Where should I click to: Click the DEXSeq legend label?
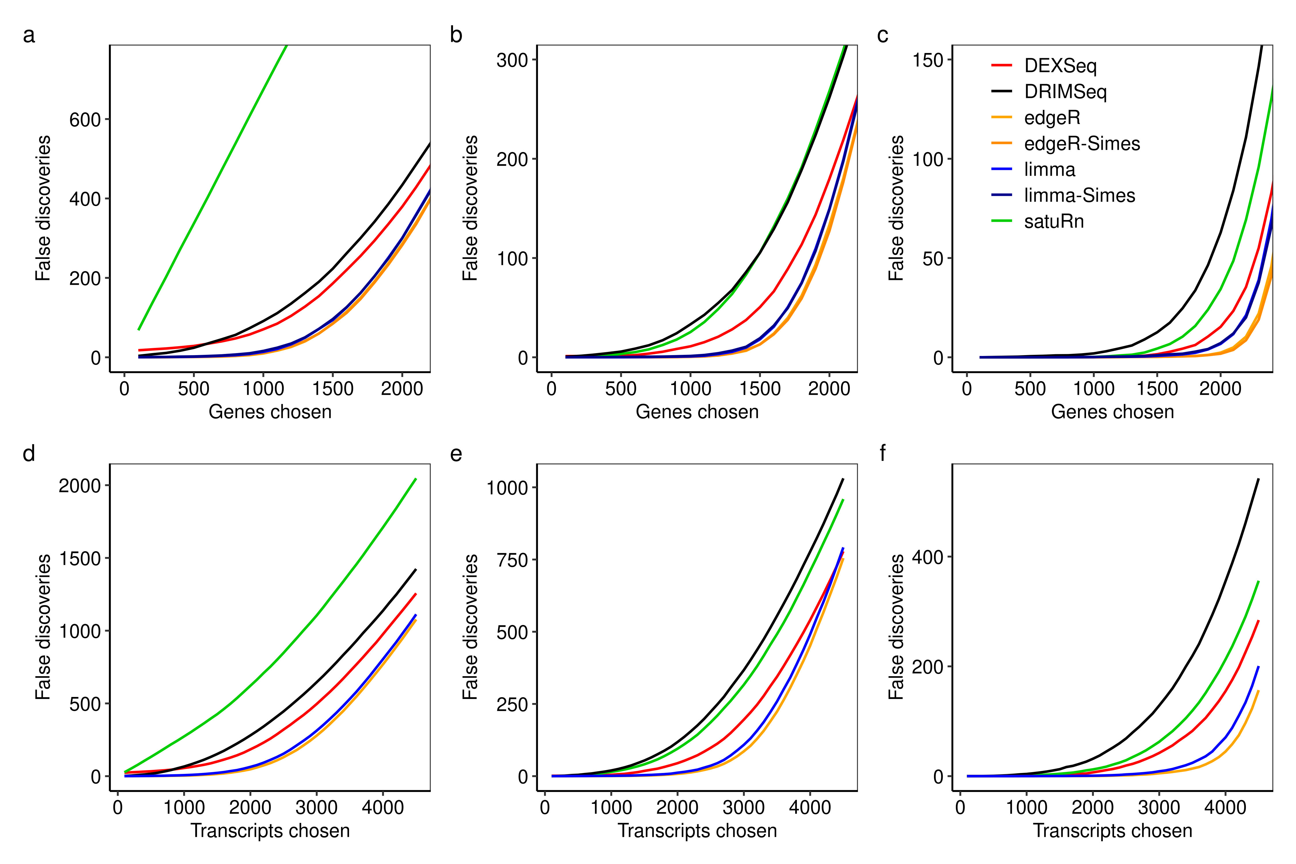1060,66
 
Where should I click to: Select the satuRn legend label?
1054,221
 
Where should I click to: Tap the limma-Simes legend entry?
1079,196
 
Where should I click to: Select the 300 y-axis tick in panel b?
512,60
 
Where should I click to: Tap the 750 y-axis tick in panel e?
512,560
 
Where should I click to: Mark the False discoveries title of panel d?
43,627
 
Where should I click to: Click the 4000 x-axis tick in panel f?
1225,808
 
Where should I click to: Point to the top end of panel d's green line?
416,479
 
